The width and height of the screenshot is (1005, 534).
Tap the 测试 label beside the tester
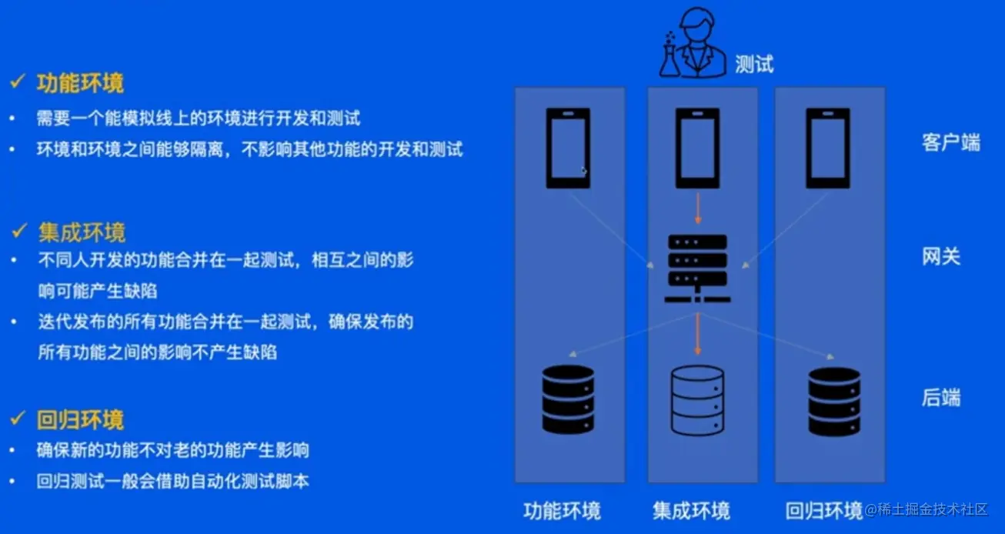coord(753,65)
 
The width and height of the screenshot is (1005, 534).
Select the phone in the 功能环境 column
coord(568,148)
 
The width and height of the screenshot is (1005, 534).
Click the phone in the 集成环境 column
coord(697,148)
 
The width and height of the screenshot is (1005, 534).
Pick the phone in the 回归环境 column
coord(828,148)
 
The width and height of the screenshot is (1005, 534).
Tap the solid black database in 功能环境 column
coord(568,399)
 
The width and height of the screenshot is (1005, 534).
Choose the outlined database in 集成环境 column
coord(697,400)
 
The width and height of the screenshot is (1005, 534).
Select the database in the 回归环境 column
coord(834,400)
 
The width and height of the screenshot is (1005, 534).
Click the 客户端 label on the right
coord(951,143)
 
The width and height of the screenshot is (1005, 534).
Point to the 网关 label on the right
coord(941,257)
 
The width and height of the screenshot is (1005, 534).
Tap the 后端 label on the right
coord(941,398)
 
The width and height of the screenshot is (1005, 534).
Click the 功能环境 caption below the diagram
coord(562,511)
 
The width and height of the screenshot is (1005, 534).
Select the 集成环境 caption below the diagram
coord(691,511)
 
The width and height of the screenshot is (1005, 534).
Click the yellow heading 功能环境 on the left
coord(80,83)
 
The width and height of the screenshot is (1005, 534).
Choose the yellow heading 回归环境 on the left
coord(80,420)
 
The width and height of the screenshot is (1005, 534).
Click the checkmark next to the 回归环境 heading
coord(18,419)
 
